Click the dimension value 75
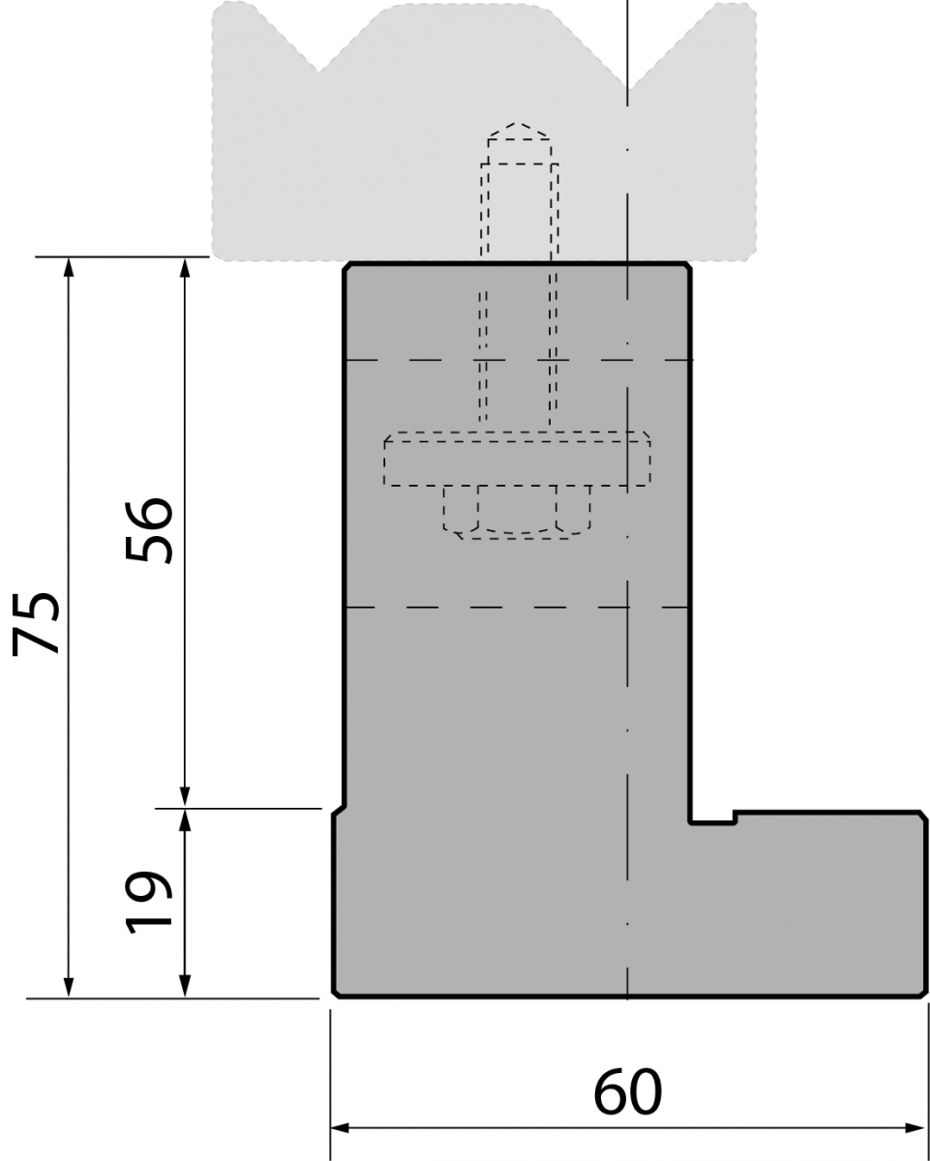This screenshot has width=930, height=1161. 36,623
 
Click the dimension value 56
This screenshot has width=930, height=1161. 149,531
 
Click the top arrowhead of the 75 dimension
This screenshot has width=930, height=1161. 68,268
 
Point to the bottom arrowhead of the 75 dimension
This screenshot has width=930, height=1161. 68,988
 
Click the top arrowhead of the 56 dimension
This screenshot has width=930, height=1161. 185,268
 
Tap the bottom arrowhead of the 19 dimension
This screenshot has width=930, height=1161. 185,988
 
